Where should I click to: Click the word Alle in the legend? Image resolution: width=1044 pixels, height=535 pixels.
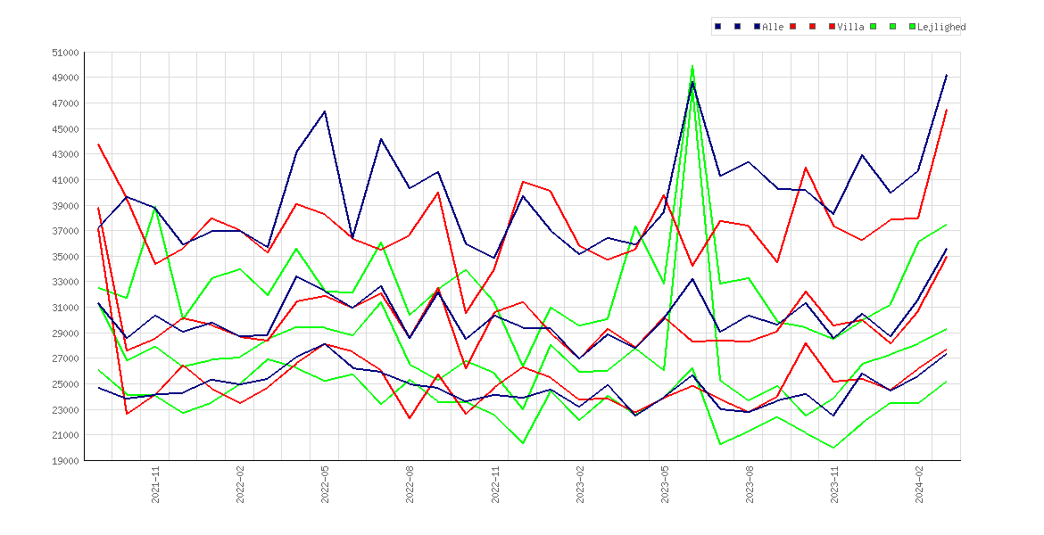773,28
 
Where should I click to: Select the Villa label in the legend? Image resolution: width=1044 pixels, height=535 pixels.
851,28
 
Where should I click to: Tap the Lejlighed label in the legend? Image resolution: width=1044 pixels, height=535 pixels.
941,28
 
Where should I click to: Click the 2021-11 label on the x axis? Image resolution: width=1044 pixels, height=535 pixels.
156,484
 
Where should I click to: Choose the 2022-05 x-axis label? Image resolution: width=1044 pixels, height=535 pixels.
326,484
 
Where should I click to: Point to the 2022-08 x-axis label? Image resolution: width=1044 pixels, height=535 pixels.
410,484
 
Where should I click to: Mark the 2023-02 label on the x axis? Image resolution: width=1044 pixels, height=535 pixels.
580,484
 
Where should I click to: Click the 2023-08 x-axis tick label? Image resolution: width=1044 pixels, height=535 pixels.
750,484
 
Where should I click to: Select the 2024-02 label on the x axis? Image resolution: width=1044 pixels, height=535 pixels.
919,484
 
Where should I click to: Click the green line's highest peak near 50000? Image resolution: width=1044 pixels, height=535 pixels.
692,66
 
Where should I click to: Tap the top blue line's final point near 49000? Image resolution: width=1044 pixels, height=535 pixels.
947,75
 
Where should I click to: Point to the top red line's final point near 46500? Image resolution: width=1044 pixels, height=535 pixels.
947,110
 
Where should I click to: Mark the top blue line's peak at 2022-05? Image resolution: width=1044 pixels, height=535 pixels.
325,111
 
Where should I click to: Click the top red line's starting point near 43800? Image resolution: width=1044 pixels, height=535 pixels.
98,144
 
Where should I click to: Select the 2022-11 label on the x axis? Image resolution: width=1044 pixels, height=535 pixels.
495,484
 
